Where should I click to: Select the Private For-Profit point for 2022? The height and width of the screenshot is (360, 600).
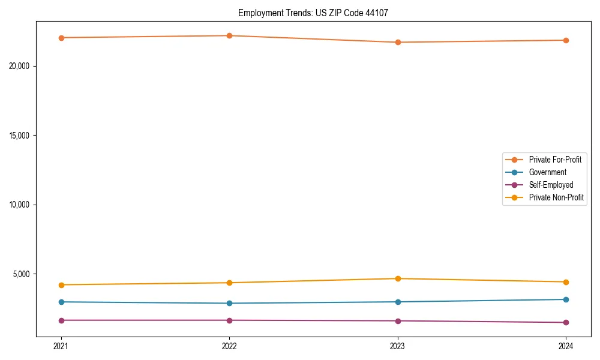pyautogui.click(x=229, y=35)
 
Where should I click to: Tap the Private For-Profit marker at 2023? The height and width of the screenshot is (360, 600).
pyautogui.click(x=397, y=42)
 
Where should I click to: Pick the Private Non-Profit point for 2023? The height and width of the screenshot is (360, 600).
pyautogui.click(x=397, y=278)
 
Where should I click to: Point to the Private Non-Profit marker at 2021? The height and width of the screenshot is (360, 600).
pyautogui.click(x=61, y=284)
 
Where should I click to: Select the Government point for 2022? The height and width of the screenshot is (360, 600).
pyautogui.click(x=229, y=303)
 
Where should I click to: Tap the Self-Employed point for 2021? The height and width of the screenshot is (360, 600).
pyautogui.click(x=61, y=320)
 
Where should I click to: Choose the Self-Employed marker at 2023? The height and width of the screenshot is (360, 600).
pyautogui.click(x=397, y=320)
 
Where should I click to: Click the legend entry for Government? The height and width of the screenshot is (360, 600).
pyautogui.click(x=547, y=172)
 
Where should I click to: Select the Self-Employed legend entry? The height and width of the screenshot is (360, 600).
pyautogui.click(x=551, y=185)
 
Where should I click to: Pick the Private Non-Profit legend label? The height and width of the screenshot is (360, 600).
pyautogui.click(x=556, y=197)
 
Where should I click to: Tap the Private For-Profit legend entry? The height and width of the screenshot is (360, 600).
pyautogui.click(x=555, y=160)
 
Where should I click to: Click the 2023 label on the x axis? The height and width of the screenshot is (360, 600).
pyautogui.click(x=397, y=346)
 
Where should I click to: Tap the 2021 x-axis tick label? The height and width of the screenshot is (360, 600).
pyautogui.click(x=61, y=346)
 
